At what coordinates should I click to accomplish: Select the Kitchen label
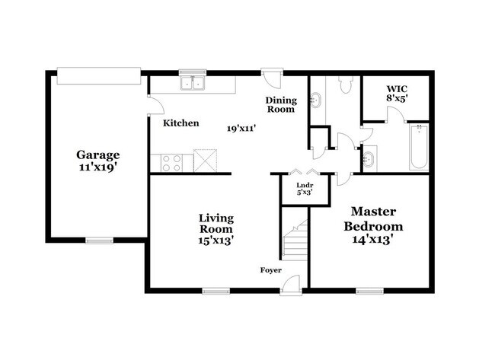(x=181, y=123)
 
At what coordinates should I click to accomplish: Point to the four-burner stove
(x=171, y=161)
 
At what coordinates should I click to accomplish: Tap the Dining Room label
(x=279, y=104)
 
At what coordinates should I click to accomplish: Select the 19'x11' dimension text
(x=239, y=128)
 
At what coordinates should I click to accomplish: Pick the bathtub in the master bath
(x=418, y=147)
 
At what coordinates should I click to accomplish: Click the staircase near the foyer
(x=294, y=239)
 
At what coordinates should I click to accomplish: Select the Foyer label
(x=271, y=270)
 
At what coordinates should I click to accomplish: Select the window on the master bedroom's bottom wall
(x=369, y=289)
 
